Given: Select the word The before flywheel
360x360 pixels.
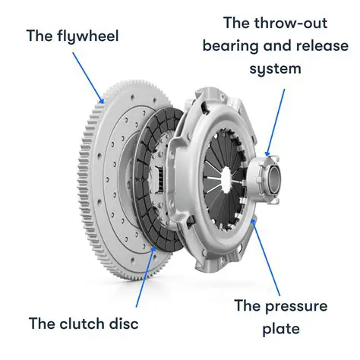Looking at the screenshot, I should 39,36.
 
